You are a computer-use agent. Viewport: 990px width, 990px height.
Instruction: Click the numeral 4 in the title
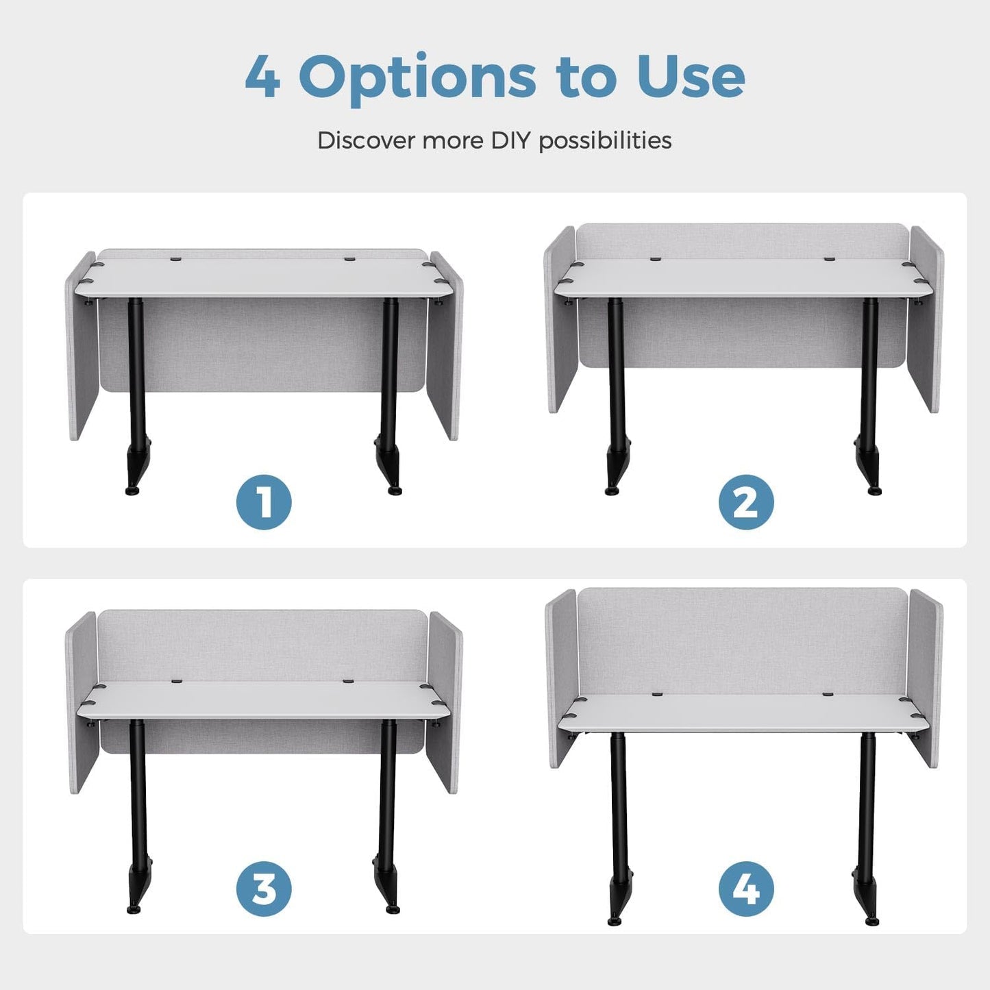(x=262, y=77)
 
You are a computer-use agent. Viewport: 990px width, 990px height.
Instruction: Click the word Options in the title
(x=417, y=79)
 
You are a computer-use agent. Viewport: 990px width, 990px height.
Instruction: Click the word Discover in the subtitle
(x=367, y=140)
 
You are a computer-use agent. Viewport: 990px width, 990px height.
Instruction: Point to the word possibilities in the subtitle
(x=605, y=140)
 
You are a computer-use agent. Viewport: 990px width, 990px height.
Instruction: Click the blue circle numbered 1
(x=264, y=502)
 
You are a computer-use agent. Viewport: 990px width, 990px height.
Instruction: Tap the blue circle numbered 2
(x=746, y=502)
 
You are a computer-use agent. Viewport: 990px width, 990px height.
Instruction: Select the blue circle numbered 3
(x=264, y=889)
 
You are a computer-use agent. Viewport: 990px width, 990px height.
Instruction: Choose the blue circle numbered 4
(x=746, y=889)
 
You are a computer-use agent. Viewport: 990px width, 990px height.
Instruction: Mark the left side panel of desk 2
(x=560, y=319)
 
